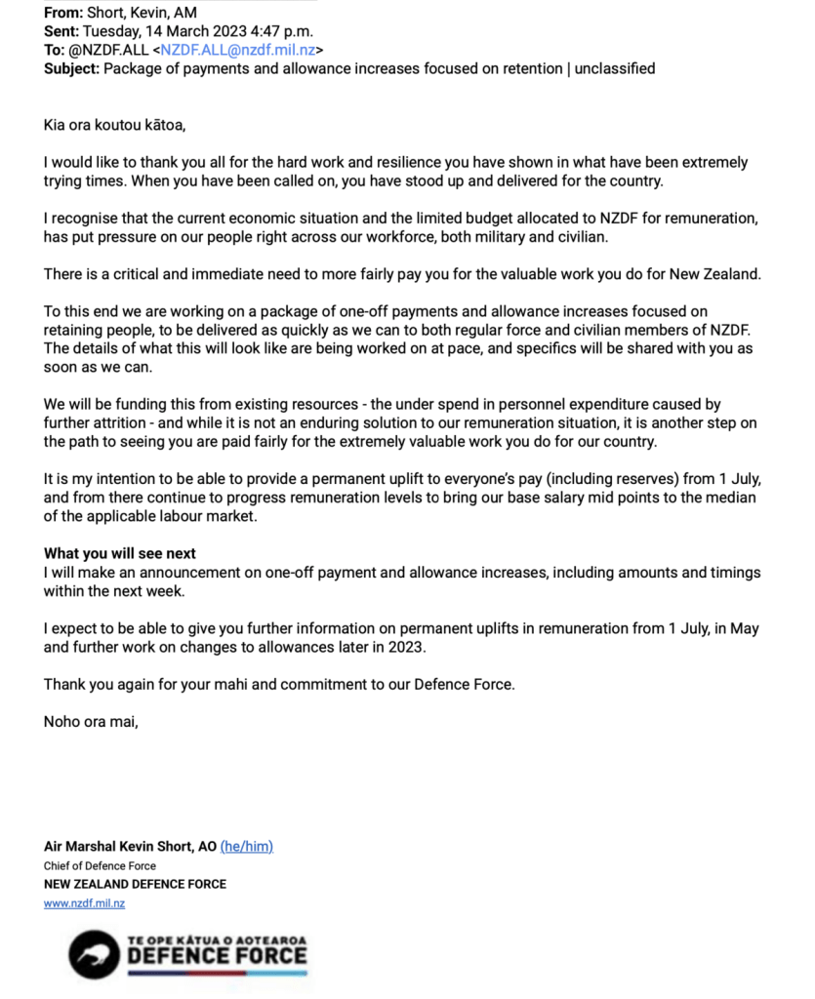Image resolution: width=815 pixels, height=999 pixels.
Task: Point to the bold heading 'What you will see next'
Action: (120, 554)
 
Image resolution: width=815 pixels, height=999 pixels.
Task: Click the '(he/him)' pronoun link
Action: (247, 846)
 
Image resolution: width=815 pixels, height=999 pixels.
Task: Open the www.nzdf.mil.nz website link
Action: (84, 903)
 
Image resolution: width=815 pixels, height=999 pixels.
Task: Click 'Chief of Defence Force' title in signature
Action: (100, 865)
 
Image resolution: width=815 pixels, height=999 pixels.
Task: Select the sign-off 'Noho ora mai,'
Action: (91, 722)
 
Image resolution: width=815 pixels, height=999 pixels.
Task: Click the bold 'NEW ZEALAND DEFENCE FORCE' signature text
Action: (135, 884)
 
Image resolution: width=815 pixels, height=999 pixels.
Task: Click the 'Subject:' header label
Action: (71, 68)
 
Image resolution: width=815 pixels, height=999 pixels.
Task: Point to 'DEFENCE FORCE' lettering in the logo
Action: (217, 955)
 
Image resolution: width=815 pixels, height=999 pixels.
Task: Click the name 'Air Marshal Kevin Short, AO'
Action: (130, 846)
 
